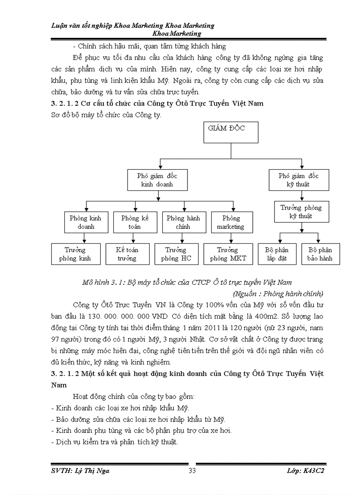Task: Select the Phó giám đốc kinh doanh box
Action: [x=157, y=180]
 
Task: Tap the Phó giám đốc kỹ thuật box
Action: [x=299, y=180]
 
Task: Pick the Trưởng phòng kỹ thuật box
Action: [x=301, y=212]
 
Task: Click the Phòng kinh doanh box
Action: [x=86, y=222]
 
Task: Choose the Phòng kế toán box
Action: [x=135, y=222]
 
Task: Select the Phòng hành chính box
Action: [x=183, y=222]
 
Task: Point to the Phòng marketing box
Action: [x=231, y=222]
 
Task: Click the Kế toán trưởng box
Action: [x=127, y=254]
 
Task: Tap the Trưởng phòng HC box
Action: [x=176, y=254]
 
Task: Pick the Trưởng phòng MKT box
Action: [x=228, y=254]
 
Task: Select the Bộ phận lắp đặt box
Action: [x=277, y=254]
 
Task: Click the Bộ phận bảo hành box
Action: [x=320, y=254]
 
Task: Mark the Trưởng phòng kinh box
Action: [x=75, y=254]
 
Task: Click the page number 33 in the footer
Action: [x=192, y=471]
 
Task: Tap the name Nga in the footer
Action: [x=103, y=471]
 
